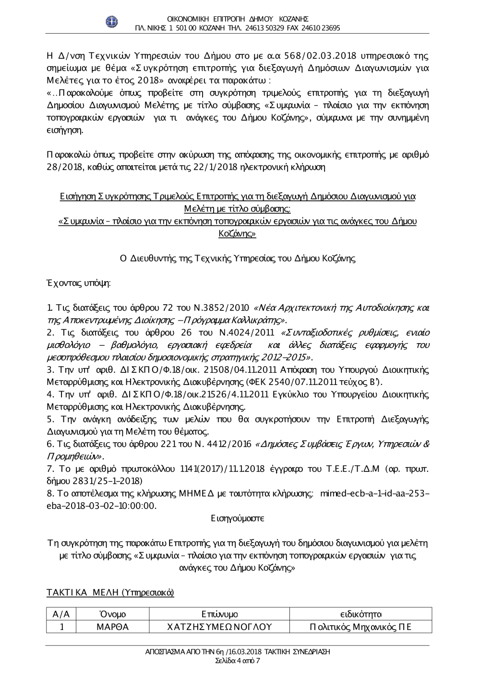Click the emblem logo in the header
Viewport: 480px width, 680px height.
(111, 22)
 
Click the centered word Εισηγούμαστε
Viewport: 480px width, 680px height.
(238, 519)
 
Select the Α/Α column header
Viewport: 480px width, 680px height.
(61, 614)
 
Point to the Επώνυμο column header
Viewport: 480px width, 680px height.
(220, 614)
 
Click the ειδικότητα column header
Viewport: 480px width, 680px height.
(360, 614)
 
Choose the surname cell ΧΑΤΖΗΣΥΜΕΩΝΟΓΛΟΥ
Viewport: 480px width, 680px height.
(220, 627)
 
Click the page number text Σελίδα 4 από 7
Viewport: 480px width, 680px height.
(238, 660)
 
